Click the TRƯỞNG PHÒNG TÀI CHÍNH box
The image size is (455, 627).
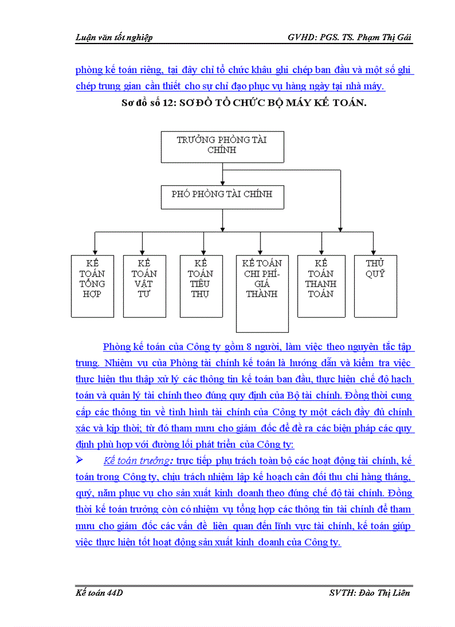222,146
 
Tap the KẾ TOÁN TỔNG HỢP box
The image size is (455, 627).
92,286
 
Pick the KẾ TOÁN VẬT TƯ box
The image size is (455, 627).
144,286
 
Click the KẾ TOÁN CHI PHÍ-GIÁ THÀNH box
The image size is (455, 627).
262,293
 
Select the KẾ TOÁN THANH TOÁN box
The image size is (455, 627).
321,286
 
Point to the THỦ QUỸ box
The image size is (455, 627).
375,286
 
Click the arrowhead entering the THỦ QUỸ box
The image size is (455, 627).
374,252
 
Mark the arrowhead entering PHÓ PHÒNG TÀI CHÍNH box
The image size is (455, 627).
222,182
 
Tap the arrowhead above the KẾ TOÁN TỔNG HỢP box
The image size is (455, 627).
95,252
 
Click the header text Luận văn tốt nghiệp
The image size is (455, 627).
114,37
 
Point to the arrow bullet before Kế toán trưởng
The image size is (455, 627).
79,460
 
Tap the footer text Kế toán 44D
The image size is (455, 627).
99,592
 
